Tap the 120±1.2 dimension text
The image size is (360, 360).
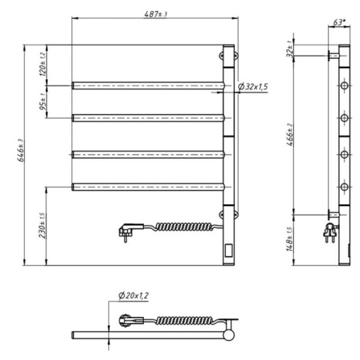43,64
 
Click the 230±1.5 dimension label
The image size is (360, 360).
43,226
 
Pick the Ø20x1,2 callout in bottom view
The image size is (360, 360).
134,296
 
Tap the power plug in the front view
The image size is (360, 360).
126,228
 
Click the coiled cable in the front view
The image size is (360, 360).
183,227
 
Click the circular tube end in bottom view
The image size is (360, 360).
230,334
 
